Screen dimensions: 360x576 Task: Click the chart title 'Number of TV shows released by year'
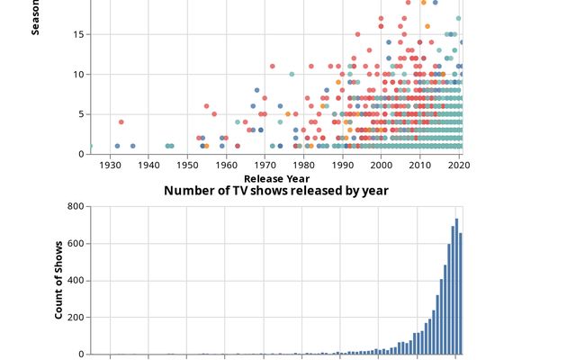pos(276,191)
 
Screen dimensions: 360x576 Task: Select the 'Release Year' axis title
pos(276,178)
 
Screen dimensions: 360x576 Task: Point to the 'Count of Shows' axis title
pos(59,280)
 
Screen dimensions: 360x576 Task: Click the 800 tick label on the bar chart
pos(76,207)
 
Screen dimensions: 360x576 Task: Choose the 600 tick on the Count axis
pos(76,244)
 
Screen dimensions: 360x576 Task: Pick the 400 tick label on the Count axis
pos(76,281)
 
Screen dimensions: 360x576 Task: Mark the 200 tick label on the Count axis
pos(76,318)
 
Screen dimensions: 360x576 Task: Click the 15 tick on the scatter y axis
pos(79,34)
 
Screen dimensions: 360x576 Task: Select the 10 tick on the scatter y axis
pos(79,75)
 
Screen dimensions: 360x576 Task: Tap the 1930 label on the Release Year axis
pos(110,166)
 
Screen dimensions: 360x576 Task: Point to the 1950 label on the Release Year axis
pos(187,166)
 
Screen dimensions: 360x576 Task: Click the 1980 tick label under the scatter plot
pos(303,166)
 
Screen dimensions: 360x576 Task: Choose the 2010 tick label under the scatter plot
pos(419,166)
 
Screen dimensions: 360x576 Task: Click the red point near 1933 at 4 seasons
pos(121,122)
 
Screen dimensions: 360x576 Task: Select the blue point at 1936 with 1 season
pos(133,146)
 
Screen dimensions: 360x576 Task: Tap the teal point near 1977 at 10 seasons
pos(292,75)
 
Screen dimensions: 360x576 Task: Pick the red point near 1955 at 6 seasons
pos(206,106)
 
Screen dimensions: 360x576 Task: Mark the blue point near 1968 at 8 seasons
pos(256,90)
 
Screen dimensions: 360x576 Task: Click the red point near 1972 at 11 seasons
pos(272,67)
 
